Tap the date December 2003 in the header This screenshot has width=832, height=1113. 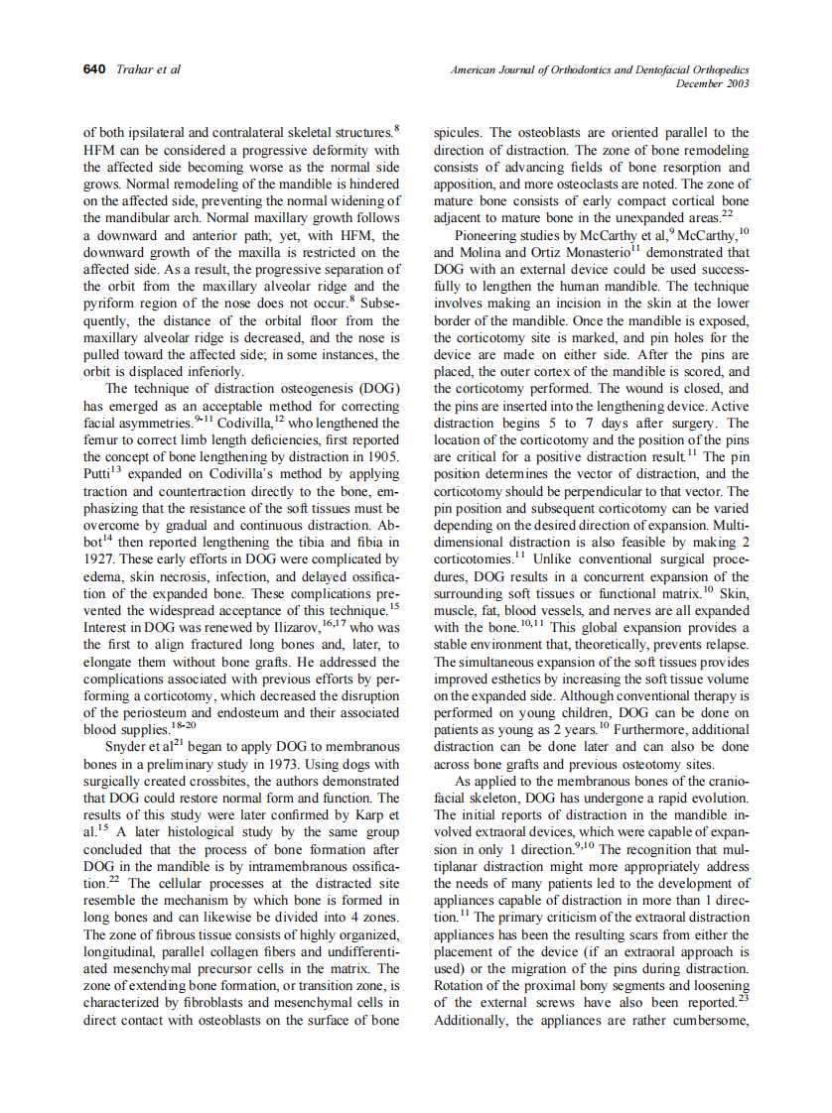[712, 83]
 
